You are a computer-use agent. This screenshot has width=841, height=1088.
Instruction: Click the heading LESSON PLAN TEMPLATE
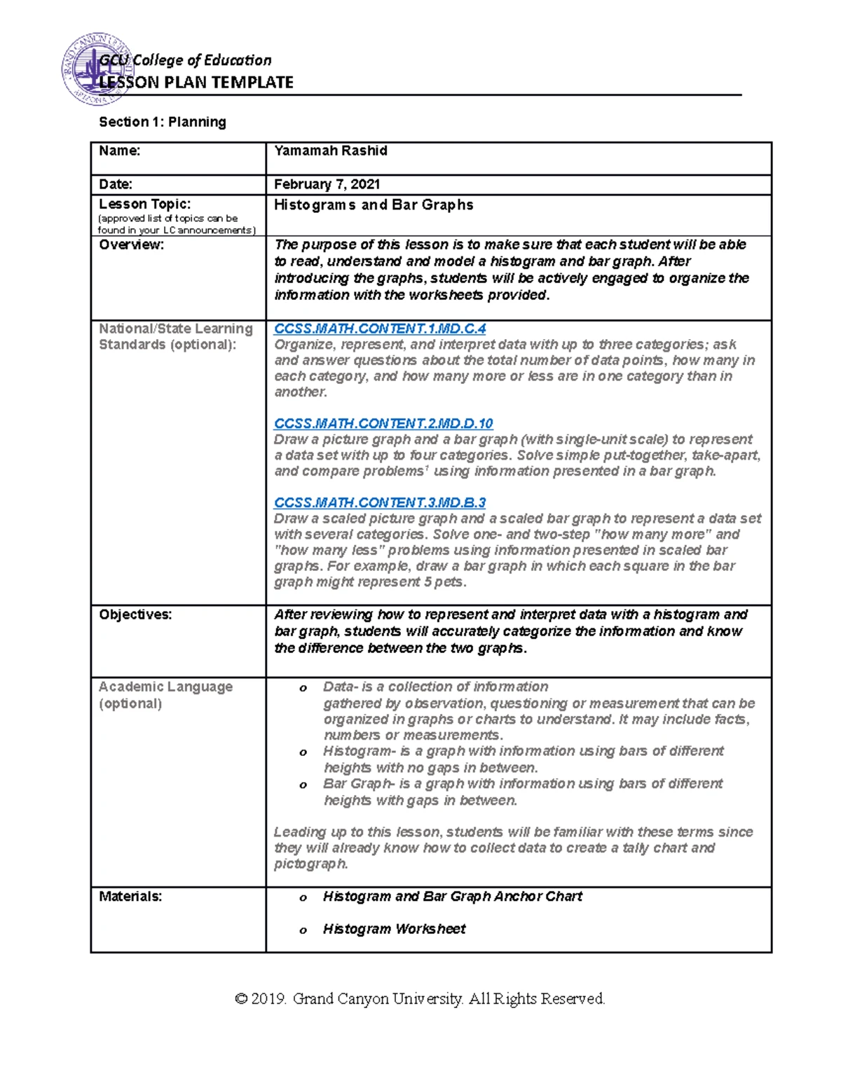click(x=196, y=83)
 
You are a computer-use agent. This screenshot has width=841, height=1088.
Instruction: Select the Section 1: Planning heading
click(x=163, y=122)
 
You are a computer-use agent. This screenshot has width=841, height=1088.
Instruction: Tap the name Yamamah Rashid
click(x=331, y=151)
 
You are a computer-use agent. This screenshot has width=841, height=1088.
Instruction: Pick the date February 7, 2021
click(x=327, y=184)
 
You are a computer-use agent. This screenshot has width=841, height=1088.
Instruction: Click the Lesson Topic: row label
click(x=144, y=204)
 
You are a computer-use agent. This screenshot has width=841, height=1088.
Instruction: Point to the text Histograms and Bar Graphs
click(x=374, y=205)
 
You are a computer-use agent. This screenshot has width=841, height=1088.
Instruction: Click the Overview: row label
click(x=131, y=245)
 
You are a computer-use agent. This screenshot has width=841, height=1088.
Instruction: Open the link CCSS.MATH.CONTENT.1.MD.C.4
click(x=379, y=329)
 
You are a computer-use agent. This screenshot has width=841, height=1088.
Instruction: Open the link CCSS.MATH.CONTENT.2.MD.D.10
click(x=383, y=423)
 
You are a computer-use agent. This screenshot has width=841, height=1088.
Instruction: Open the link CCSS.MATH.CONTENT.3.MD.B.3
click(x=379, y=502)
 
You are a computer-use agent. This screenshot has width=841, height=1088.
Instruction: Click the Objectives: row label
click(x=135, y=614)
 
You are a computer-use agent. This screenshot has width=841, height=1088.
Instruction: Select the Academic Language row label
click(x=165, y=687)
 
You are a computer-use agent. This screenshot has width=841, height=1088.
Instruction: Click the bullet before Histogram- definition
click(x=303, y=752)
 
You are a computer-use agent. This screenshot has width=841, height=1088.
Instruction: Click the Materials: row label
click(x=130, y=896)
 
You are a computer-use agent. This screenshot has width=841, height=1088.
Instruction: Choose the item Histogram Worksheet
click(x=394, y=929)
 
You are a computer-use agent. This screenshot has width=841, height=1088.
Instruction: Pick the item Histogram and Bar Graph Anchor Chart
click(x=452, y=896)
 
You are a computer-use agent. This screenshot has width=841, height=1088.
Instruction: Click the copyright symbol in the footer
click(x=242, y=998)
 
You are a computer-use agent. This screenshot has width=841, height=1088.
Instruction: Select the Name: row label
click(x=119, y=151)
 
